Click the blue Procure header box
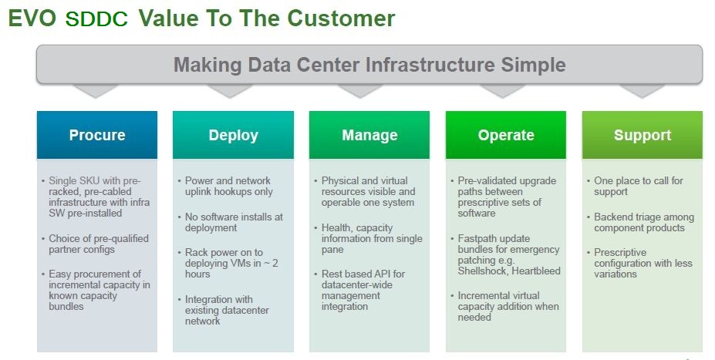[x=97, y=135]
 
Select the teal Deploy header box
[x=233, y=135]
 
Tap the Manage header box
[x=369, y=135]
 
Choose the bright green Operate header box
[x=506, y=135]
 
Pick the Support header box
[x=642, y=135]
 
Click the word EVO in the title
[x=32, y=19]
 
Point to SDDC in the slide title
[x=96, y=19]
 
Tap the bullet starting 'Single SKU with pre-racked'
[x=99, y=197]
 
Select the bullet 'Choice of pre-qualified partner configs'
[x=98, y=244]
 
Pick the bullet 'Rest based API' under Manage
[x=363, y=290]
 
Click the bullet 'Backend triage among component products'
[x=644, y=222]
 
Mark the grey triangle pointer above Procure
[x=96, y=90]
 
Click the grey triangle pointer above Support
[x=642, y=90]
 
